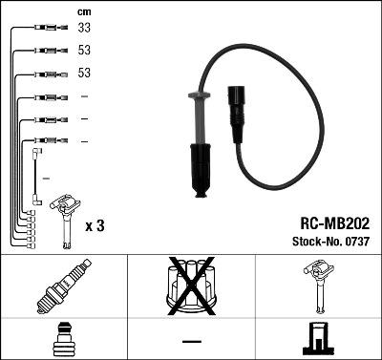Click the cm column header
click(83, 11)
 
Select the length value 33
click(84, 30)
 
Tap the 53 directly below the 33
click(84, 52)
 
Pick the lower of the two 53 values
click(84, 74)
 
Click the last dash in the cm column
click(84, 141)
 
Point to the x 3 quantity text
click(95, 225)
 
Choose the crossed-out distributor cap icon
click(190, 286)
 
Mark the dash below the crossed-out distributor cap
click(190, 340)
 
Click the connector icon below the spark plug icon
click(59, 340)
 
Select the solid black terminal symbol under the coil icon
click(317, 339)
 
